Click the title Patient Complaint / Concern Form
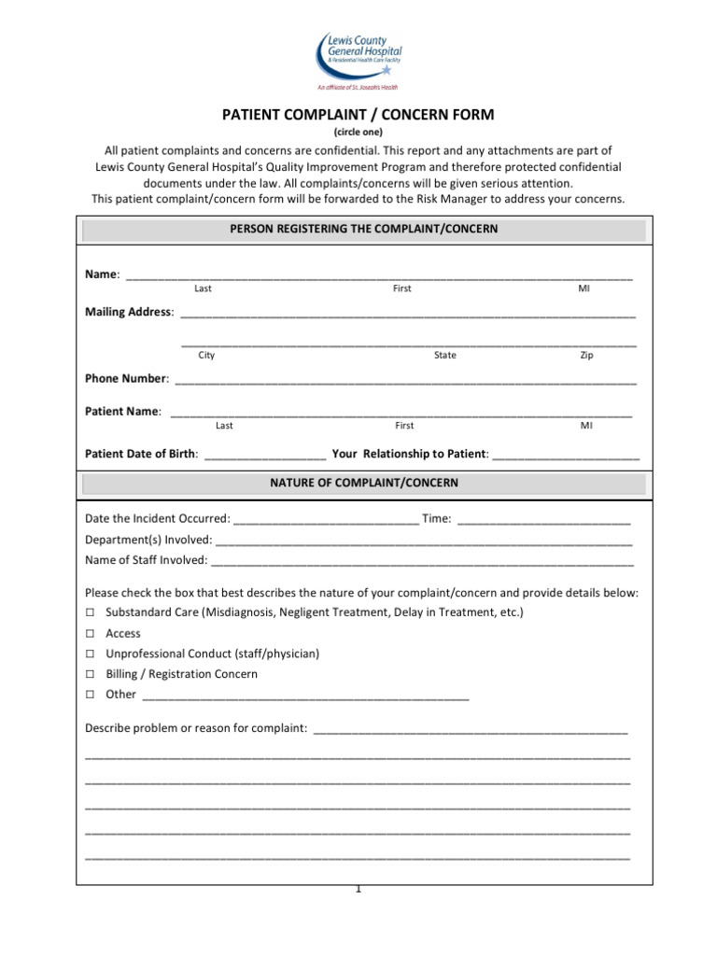point(358,115)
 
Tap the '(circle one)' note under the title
point(358,133)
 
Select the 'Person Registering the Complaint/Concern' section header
point(364,229)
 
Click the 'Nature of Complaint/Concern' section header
point(364,483)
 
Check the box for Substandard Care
point(90,612)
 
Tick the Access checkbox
point(90,633)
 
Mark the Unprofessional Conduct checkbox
point(90,654)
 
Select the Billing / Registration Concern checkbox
point(90,674)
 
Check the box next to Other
point(90,695)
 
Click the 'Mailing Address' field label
point(129,312)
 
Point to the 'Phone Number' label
point(126,379)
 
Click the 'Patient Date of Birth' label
point(141,454)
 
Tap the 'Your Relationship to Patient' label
point(409,454)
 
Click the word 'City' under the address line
point(206,356)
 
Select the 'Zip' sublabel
point(586,356)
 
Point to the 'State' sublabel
point(445,356)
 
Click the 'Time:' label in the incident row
point(437,519)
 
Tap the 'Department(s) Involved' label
point(148,540)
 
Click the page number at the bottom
point(358,889)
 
